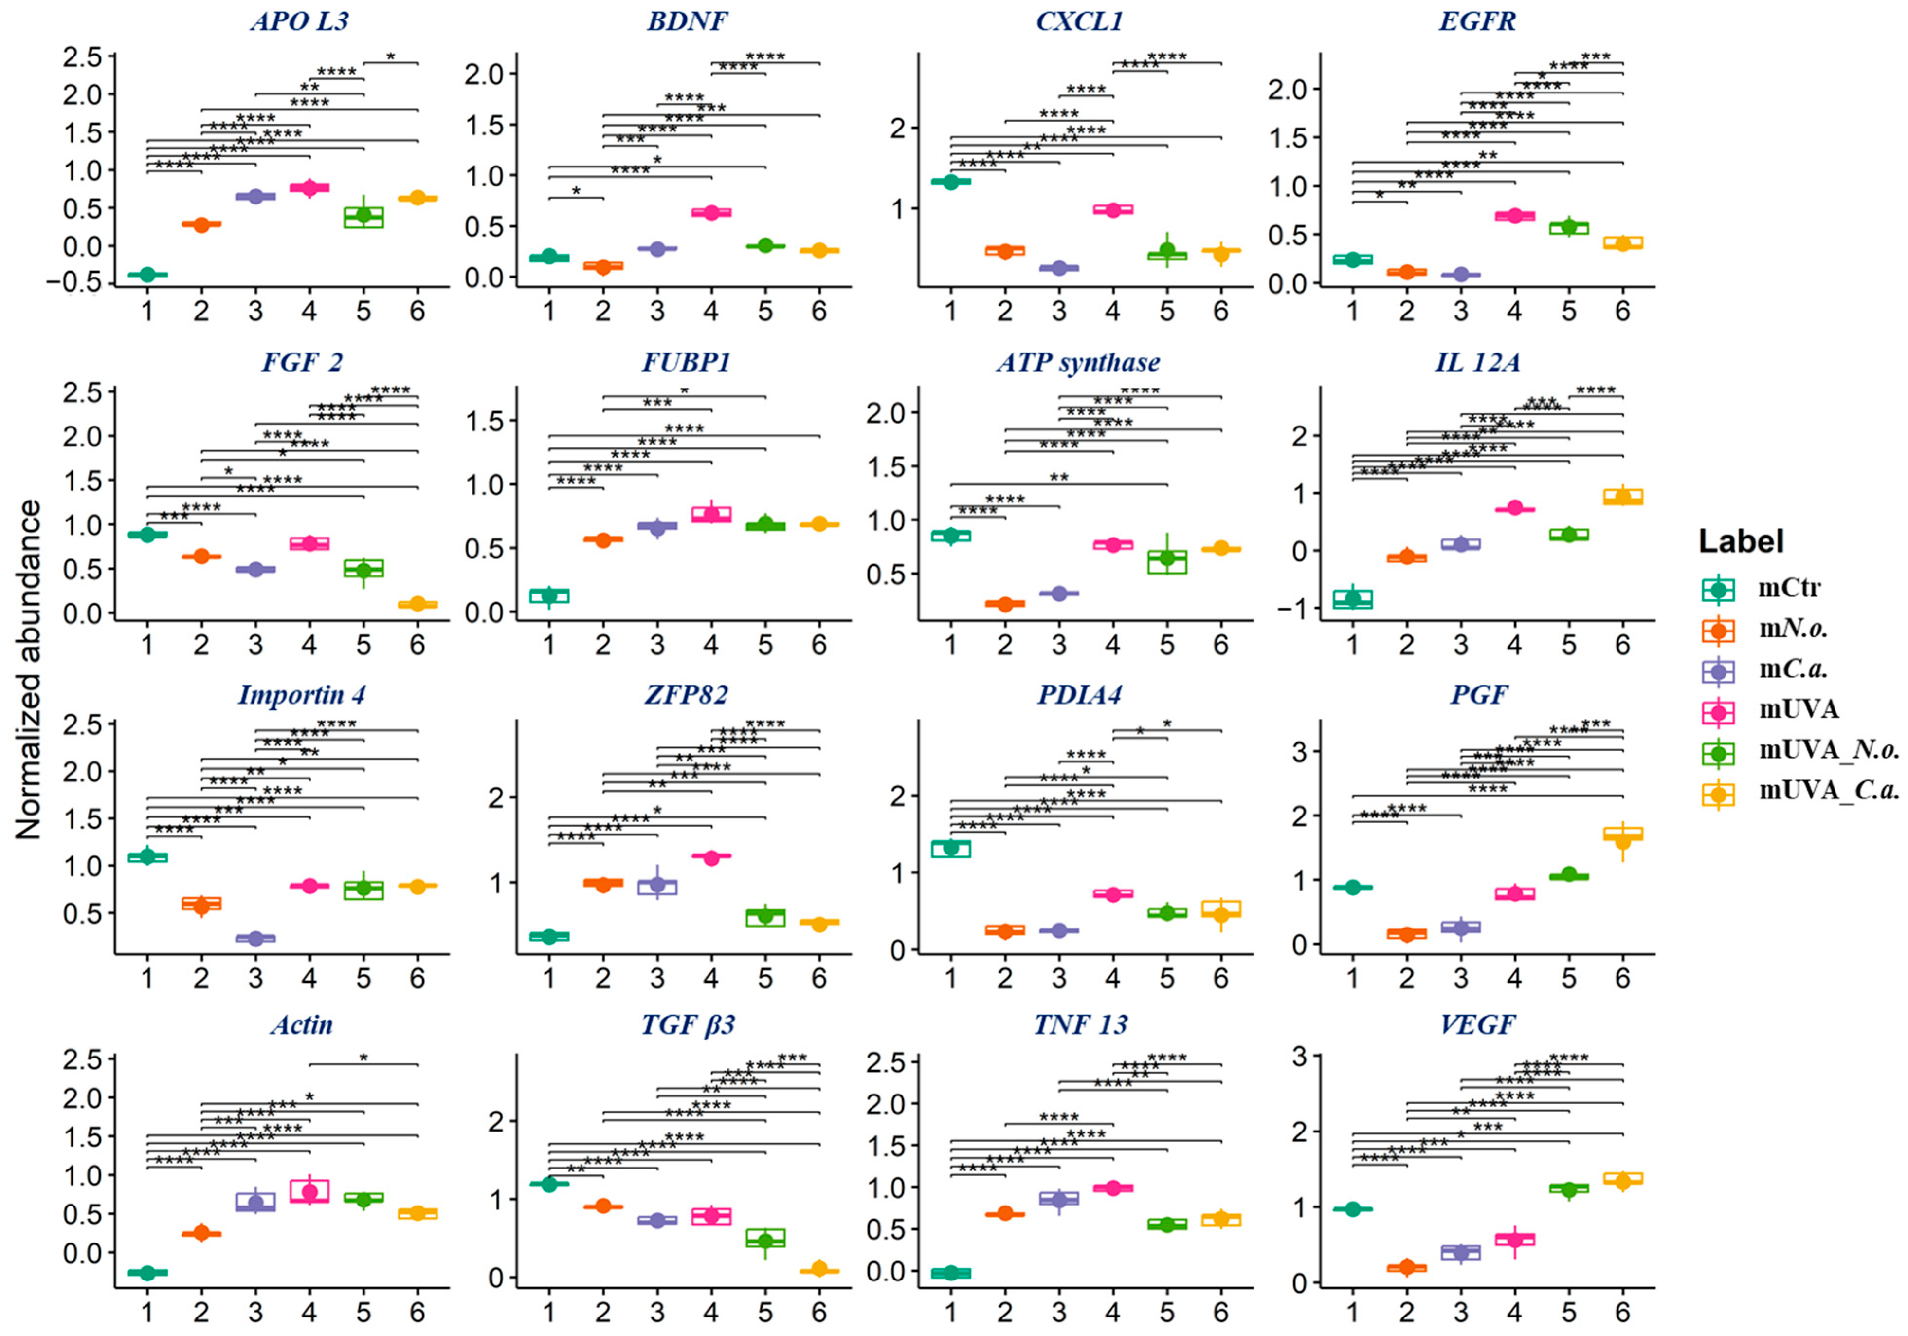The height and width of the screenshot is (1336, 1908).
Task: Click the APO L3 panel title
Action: pos(299,21)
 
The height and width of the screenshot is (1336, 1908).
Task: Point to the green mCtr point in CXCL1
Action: pos(951,181)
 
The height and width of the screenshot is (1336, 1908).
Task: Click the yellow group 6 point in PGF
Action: pos(1622,840)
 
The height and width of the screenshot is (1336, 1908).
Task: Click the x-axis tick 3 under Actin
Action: pos(255,1312)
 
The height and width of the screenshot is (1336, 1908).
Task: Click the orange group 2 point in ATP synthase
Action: pos(1005,604)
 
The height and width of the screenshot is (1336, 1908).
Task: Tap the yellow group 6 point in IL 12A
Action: pos(1622,496)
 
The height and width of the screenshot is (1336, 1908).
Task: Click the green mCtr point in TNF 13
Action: pos(951,1272)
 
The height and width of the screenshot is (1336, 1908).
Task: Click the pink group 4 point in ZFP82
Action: pos(711,856)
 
